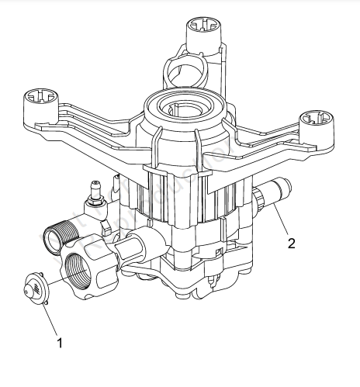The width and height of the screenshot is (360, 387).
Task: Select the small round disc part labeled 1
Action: click(x=34, y=285)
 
